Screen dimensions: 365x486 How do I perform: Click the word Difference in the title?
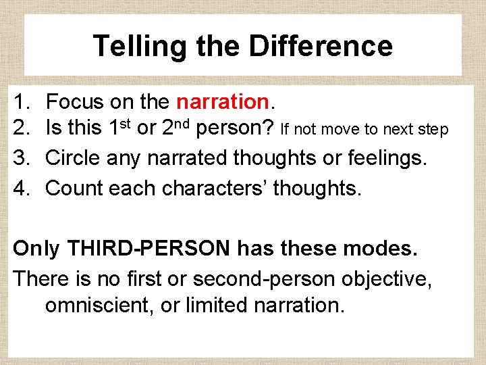point(321,47)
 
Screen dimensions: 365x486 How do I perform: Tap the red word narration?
point(223,102)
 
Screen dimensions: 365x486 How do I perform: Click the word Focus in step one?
point(74,102)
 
